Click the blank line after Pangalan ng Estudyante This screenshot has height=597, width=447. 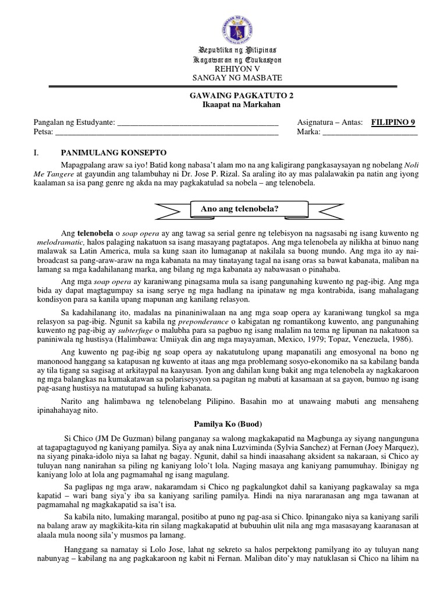pos(198,123)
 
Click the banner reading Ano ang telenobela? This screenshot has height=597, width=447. pos(232,208)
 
